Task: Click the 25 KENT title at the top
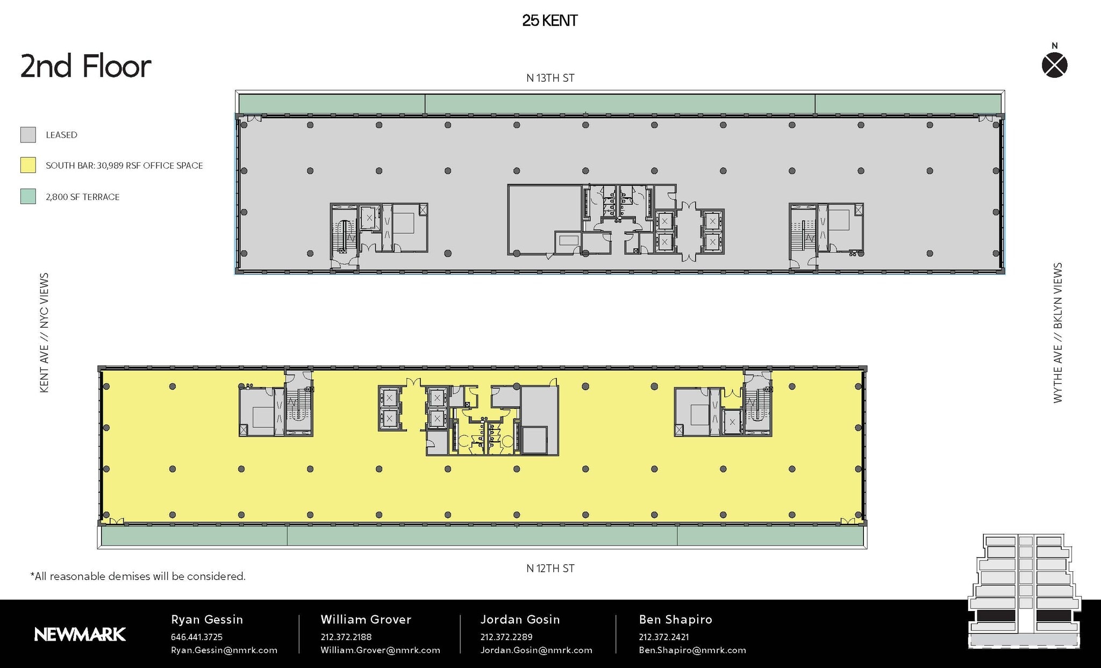click(x=550, y=21)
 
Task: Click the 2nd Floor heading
click(x=86, y=67)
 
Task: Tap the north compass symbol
click(x=1054, y=66)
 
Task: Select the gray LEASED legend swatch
click(x=28, y=135)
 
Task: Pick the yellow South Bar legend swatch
click(x=28, y=165)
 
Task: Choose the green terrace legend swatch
click(x=28, y=196)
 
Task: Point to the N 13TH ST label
click(x=550, y=78)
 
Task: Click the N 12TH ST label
click(x=550, y=569)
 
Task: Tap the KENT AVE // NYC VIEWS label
click(x=45, y=333)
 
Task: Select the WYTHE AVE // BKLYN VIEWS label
click(x=1057, y=333)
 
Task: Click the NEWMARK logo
click(x=80, y=635)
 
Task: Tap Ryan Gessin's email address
click(x=224, y=650)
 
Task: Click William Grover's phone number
click(x=346, y=637)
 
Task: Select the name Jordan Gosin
click(x=520, y=620)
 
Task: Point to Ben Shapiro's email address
click(x=692, y=650)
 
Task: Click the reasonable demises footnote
click(x=138, y=577)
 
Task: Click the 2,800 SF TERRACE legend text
click(x=83, y=197)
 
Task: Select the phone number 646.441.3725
click(x=197, y=637)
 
